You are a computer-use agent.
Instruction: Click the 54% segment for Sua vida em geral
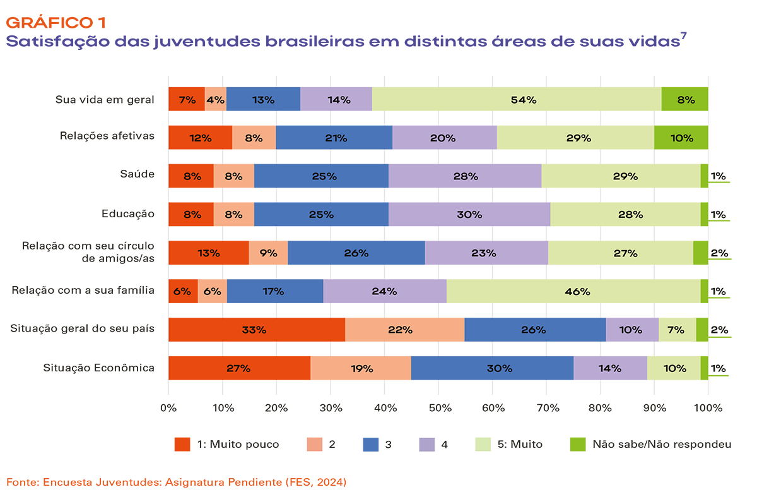tap(517, 99)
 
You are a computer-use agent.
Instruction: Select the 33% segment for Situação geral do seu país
tap(257, 329)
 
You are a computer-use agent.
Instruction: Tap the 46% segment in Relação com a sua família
tap(573, 291)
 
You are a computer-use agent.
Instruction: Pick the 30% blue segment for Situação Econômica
tap(492, 368)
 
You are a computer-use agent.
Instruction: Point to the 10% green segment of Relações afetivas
tap(681, 138)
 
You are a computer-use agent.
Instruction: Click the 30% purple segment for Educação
tap(469, 214)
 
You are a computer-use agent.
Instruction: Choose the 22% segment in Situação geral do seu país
tap(405, 329)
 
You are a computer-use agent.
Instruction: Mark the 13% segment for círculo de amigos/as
tap(208, 253)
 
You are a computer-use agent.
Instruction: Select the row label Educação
tap(128, 213)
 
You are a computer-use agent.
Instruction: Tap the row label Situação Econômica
tap(99, 368)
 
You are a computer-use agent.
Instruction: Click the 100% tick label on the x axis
tap(708, 408)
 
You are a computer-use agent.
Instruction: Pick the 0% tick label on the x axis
tap(168, 408)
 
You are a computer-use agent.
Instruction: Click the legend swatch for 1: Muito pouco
tap(182, 444)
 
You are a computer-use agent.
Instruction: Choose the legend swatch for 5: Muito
tap(483, 444)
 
